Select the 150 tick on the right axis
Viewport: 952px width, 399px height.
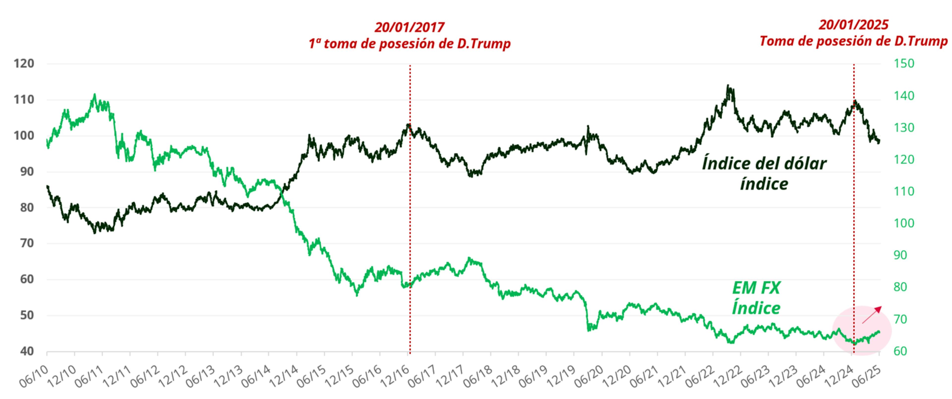[904, 63]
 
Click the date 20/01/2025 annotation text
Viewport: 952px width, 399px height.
[853, 25]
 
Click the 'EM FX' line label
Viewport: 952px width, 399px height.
[756, 288]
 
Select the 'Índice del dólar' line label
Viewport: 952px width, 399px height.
[764, 163]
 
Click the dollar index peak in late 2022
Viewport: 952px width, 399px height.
[728, 86]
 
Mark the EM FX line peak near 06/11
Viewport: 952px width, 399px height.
[95, 95]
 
